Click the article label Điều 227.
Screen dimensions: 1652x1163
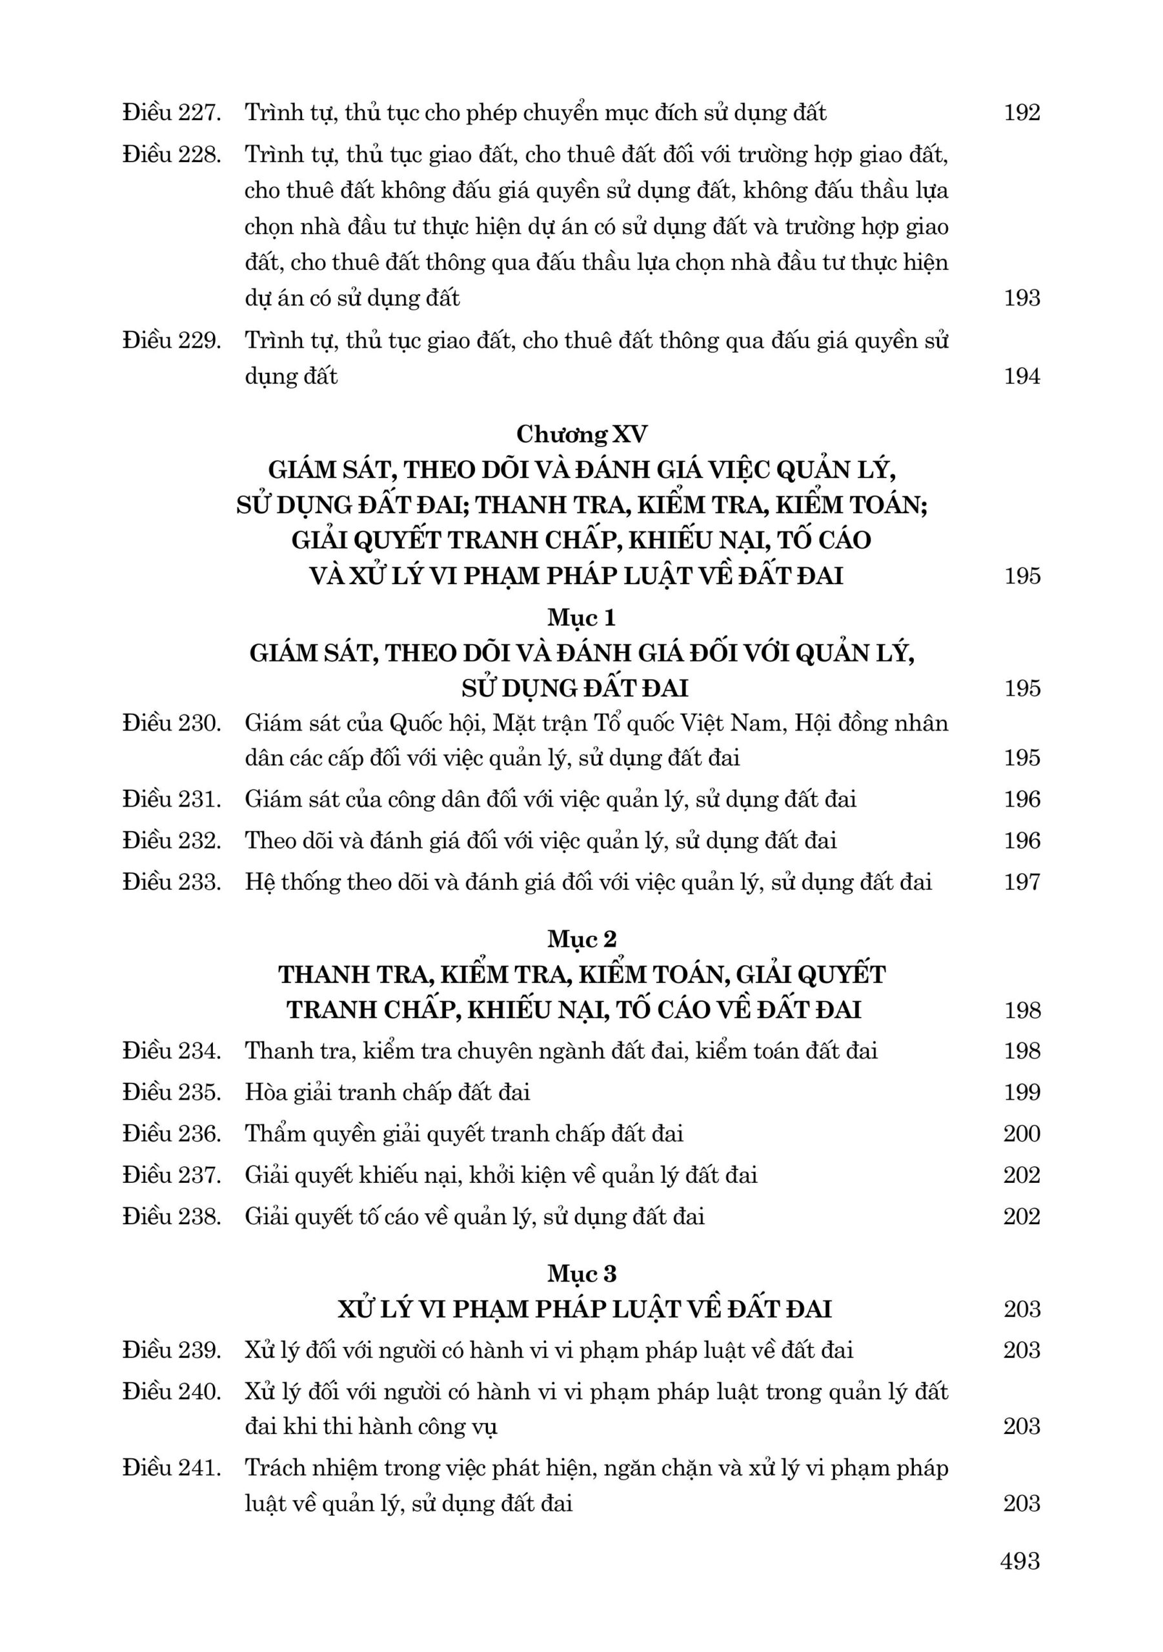(x=171, y=113)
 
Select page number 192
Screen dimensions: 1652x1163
(x=1022, y=113)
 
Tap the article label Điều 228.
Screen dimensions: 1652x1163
(x=171, y=155)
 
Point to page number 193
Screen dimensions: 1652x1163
(x=1022, y=298)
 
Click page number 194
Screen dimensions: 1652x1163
(x=1022, y=376)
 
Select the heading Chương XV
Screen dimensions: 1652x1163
(x=581, y=434)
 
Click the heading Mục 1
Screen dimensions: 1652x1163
(x=581, y=618)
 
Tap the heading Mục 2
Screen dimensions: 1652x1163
(x=581, y=939)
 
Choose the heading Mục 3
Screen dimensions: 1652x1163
(x=581, y=1274)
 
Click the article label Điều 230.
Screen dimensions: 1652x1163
(x=171, y=723)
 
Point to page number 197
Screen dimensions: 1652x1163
(x=1022, y=882)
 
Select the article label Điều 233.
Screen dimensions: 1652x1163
(x=171, y=882)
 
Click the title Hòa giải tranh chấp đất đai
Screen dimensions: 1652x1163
(x=387, y=1093)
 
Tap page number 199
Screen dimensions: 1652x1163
(x=1022, y=1093)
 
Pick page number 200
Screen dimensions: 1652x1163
(x=1022, y=1134)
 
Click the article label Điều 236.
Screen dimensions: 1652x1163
(x=171, y=1134)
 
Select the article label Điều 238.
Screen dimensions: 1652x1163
(x=171, y=1216)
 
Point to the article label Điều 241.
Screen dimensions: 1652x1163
(x=171, y=1468)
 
